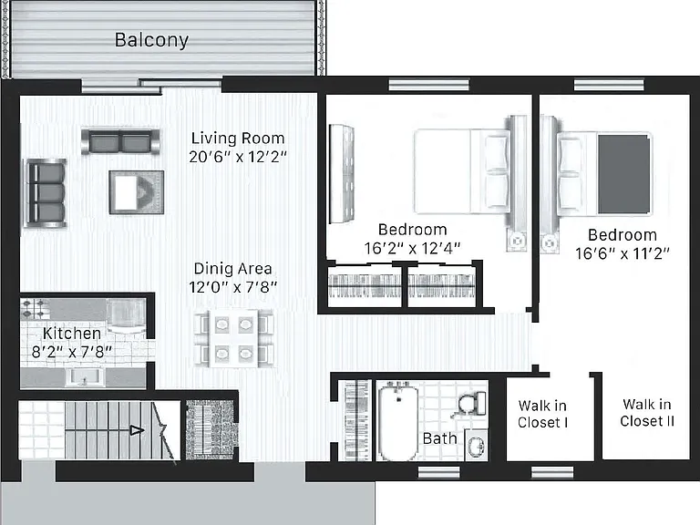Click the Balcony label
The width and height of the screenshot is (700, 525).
(x=152, y=40)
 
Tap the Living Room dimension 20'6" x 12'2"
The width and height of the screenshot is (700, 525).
(x=238, y=157)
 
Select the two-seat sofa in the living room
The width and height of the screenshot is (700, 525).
(x=120, y=142)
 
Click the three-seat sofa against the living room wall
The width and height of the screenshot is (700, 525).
(x=46, y=193)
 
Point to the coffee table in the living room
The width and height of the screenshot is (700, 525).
(x=137, y=192)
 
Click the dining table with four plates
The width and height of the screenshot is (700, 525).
(x=234, y=339)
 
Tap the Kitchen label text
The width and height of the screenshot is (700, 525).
(x=72, y=334)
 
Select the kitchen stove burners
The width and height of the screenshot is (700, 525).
(x=35, y=308)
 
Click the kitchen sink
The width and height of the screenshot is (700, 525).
(x=85, y=377)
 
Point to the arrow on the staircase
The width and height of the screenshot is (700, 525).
(x=137, y=430)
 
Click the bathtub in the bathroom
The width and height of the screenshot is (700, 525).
(x=398, y=422)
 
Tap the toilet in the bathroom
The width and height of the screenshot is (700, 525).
(x=472, y=403)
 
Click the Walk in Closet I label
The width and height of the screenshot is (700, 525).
(x=542, y=415)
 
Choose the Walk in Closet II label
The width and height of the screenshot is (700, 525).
(x=647, y=413)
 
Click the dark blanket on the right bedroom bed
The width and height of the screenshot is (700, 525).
(x=623, y=175)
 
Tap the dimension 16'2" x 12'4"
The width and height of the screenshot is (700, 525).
(x=412, y=249)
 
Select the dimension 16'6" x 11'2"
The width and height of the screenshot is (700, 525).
(x=623, y=254)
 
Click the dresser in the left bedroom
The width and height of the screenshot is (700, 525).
(x=342, y=174)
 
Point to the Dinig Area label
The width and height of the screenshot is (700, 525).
(x=232, y=269)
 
